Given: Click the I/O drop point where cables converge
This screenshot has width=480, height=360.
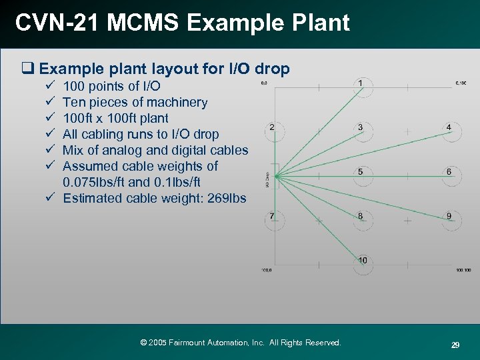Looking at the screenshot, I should (275, 176).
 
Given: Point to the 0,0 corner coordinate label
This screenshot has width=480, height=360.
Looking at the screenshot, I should (263, 83).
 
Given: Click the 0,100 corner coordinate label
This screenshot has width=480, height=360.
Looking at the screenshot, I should (460, 83).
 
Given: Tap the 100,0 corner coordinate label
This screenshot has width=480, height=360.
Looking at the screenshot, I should (265, 270).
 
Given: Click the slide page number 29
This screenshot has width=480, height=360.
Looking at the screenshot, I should (455, 345).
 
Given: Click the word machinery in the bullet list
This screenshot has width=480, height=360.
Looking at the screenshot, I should (175, 102).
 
